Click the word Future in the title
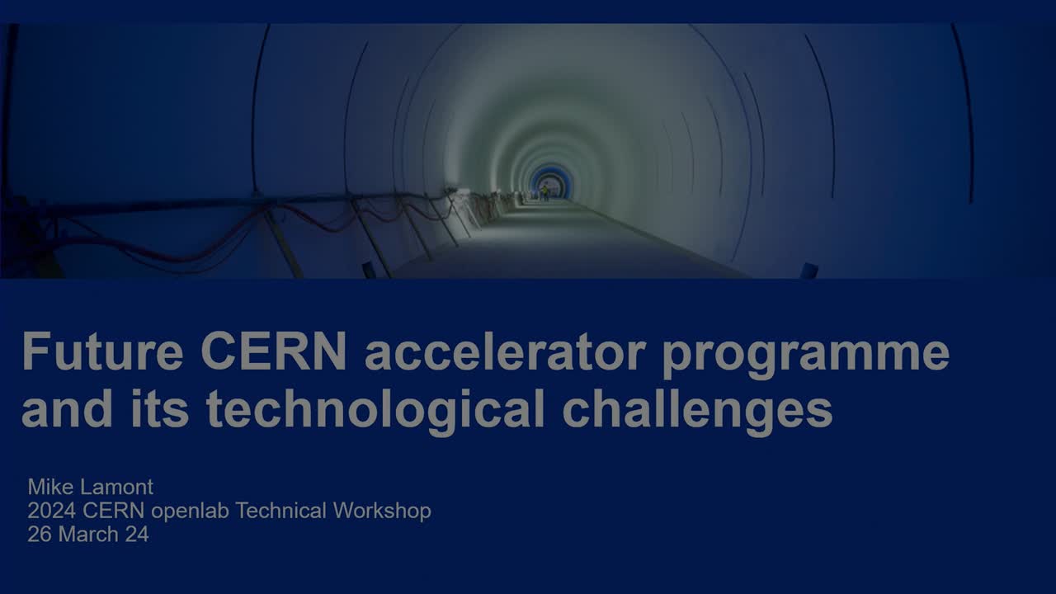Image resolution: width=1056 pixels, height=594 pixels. pos(102,351)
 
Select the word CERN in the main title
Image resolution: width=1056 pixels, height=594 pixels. pos(274,351)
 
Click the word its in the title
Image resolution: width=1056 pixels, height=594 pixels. pos(160,408)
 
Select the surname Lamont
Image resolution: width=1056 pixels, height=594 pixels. pos(117,487)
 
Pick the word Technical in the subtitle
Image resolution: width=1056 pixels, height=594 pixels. pos(281,511)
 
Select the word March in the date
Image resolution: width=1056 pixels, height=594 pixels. pos(88,535)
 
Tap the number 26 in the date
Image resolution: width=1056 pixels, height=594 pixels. pos(40,535)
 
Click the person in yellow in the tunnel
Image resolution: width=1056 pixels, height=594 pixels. pos(545,192)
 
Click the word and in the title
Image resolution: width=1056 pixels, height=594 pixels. pos(68,408)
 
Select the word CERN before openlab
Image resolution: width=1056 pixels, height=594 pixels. pos(114,511)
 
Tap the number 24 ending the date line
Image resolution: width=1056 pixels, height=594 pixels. pos(137,535)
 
